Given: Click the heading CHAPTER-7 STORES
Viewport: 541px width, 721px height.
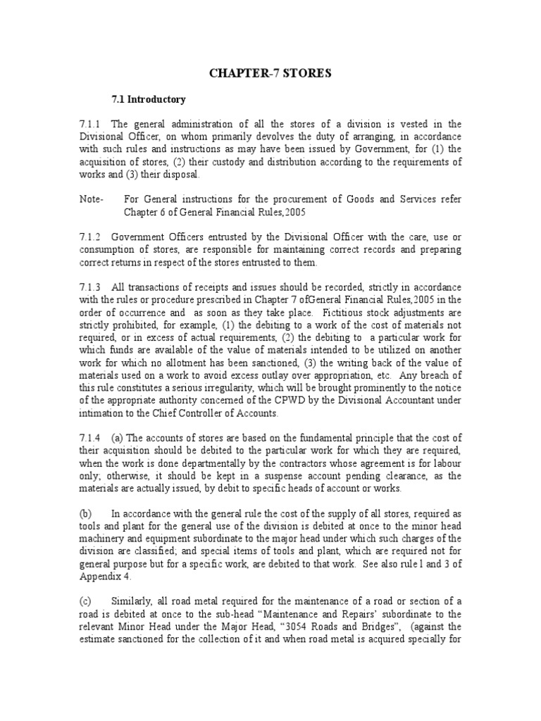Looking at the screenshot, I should pyautogui.click(x=271, y=73).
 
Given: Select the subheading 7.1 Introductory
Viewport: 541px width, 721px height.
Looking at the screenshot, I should pyautogui.click(x=150, y=99).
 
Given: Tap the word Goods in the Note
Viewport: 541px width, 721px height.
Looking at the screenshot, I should pyautogui.click(x=344, y=200).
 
